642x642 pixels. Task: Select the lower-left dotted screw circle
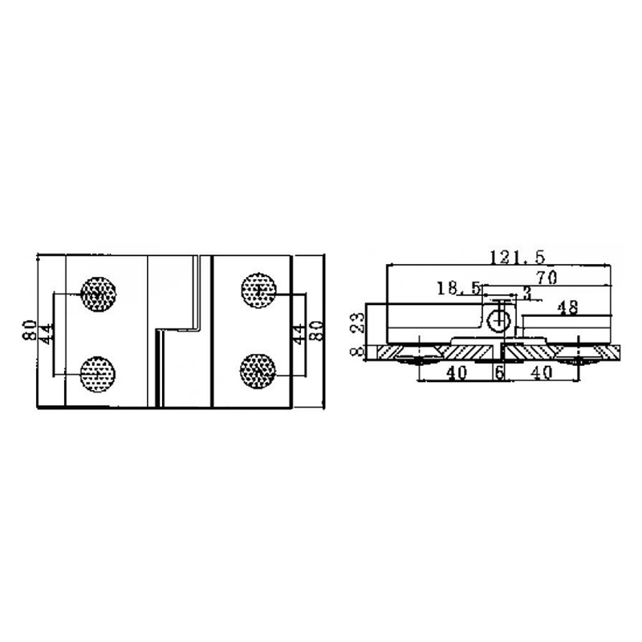point(99,372)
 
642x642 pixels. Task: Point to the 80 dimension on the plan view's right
point(317,330)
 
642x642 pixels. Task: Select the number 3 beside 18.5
point(526,292)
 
